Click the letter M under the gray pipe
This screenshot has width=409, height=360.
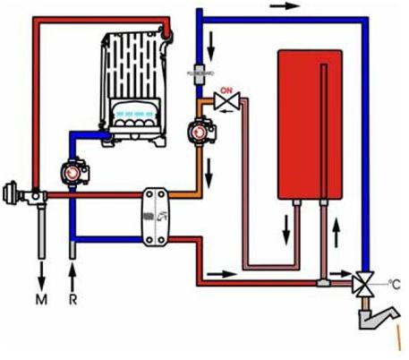[x=41, y=299]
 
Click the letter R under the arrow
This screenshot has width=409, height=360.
[x=72, y=299]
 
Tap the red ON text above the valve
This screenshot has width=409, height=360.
[x=226, y=90]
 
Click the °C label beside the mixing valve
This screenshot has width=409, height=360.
[x=394, y=285]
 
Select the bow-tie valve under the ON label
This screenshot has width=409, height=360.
[x=227, y=100]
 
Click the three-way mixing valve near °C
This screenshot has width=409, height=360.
[x=363, y=284]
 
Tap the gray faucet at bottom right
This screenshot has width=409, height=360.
[x=379, y=318]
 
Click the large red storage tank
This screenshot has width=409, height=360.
[x=310, y=124]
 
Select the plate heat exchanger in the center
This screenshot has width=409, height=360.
[x=156, y=217]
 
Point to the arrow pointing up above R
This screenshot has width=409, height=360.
[x=72, y=278]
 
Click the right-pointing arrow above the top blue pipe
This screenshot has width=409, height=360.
[x=284, y=5]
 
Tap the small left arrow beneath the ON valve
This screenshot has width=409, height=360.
[x=227, y=111]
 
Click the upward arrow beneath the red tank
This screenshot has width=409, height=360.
[x=336, y=233]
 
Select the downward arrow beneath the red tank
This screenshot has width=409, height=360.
[x=286, y=230]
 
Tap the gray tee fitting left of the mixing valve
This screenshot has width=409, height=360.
[x=322, y=282]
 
